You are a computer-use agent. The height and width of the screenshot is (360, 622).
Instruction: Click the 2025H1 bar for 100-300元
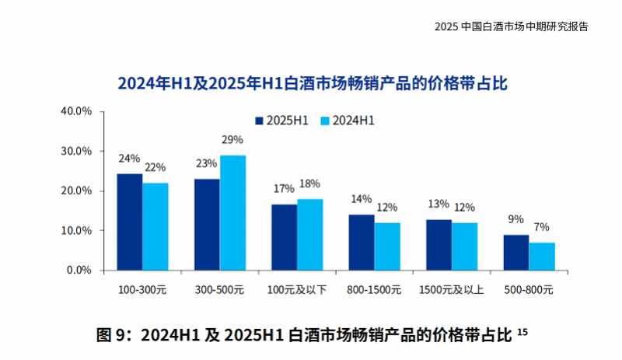129,222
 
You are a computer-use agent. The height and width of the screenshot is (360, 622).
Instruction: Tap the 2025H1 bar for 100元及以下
284,237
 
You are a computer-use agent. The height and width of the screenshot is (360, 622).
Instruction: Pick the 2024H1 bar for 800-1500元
387,246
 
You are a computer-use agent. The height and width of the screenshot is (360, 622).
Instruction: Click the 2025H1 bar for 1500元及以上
439,245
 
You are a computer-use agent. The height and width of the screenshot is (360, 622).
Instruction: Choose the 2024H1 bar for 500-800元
542,257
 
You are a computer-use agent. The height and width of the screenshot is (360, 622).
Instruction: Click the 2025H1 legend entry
282,121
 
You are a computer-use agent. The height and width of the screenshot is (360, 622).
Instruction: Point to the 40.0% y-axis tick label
77,111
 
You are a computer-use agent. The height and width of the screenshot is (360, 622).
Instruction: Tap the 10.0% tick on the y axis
77,231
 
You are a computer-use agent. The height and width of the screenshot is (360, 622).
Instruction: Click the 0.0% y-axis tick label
79,271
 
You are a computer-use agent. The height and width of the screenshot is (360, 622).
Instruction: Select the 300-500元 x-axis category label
219,290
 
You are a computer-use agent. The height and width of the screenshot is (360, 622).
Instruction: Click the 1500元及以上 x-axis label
451,290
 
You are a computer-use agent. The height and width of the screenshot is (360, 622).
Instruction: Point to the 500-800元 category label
529,290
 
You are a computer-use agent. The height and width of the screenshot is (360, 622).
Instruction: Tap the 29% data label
232,141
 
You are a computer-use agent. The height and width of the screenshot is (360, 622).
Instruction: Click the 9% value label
515,219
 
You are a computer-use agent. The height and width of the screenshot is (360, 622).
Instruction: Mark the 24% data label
129,159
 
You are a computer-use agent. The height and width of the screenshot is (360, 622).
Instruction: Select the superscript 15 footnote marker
522,333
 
